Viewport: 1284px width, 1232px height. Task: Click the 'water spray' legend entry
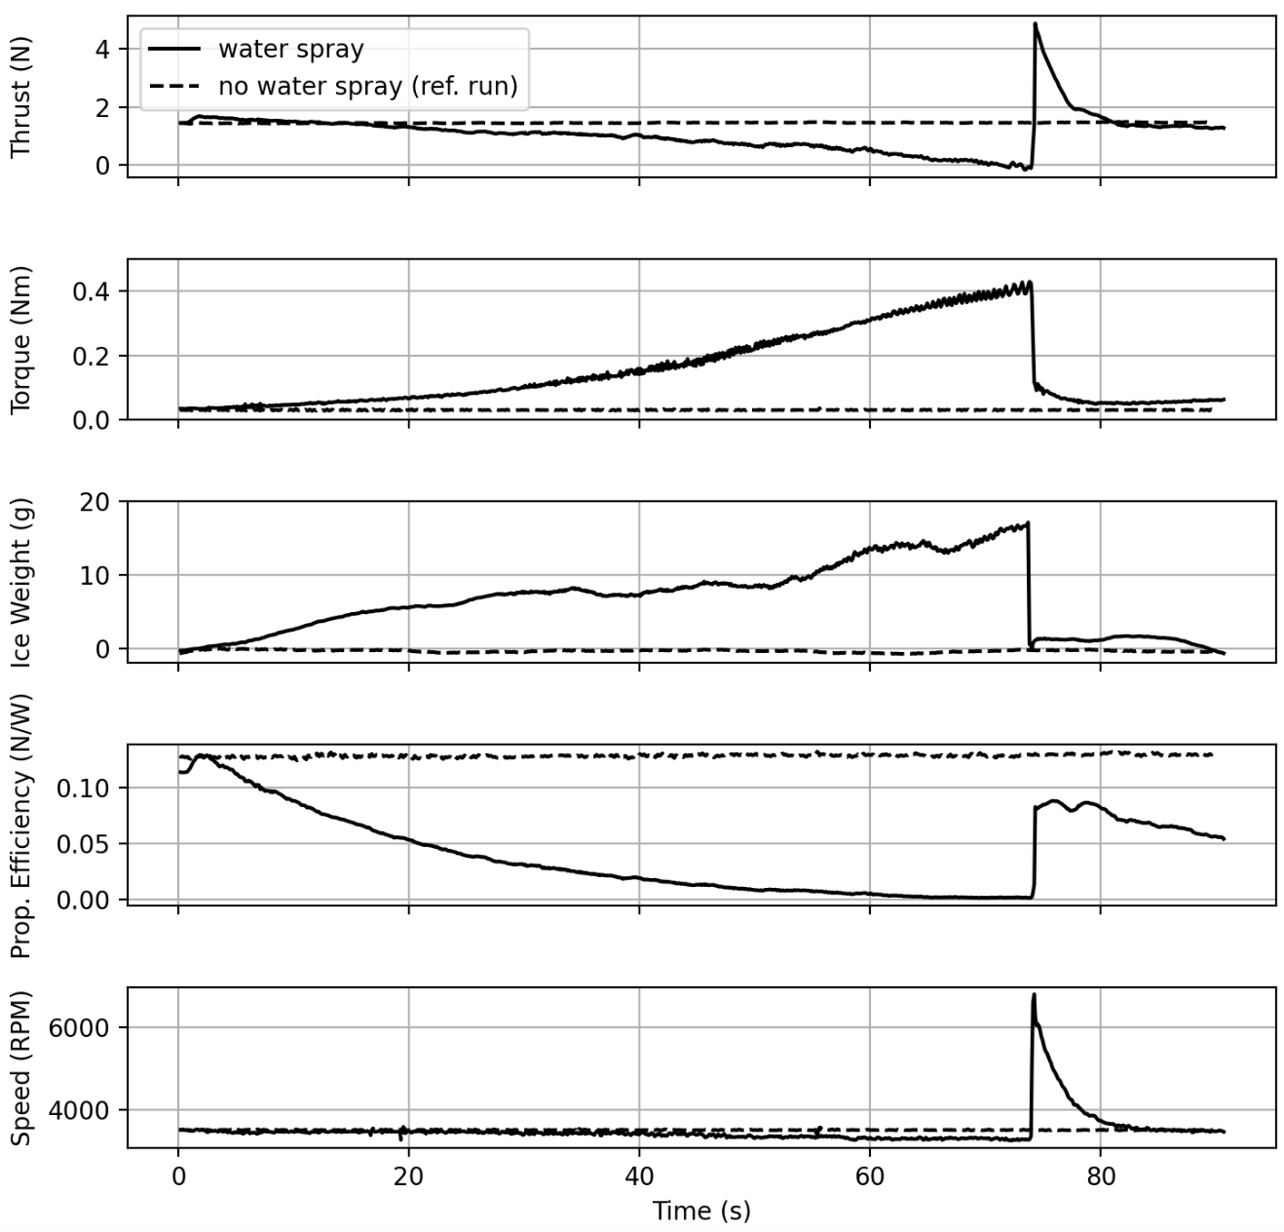point(290,49)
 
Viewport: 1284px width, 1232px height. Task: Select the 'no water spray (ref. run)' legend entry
point(367,87)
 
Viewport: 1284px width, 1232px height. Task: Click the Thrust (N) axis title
point(20,96)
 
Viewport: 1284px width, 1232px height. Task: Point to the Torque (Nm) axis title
point(20,339)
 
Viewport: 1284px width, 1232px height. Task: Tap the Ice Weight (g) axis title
point(20,582)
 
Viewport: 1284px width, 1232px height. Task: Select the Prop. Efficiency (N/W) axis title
point(20,825)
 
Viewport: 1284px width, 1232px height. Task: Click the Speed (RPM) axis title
point(20,1067)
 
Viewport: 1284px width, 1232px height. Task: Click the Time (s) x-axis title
point(700,1211)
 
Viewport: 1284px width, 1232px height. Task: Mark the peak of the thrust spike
point(1035,23)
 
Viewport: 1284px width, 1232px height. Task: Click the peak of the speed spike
point(1034,995)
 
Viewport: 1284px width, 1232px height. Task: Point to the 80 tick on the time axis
point(1100,1176)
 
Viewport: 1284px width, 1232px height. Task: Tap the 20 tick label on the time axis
point(408,1176)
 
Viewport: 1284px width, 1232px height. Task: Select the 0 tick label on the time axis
point(178,1176)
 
